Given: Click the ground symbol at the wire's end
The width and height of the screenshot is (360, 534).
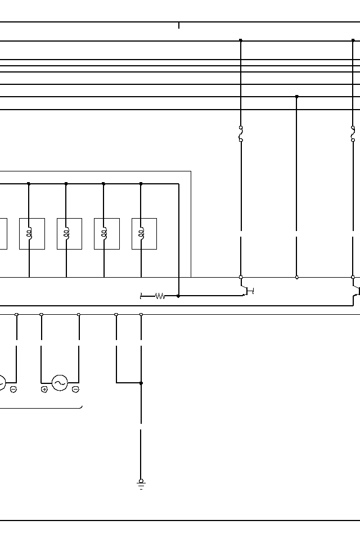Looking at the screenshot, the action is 141,484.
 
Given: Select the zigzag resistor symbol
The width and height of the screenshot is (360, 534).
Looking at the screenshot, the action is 160,296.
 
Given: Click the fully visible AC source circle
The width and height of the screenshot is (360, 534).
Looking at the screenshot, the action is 60,383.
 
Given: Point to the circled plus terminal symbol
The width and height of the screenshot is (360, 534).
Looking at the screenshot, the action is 44,390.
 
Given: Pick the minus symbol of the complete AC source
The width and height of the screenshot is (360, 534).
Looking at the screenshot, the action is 75,390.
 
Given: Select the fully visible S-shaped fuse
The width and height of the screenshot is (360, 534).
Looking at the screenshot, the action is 241,134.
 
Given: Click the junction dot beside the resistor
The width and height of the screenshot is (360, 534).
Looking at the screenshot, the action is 178,296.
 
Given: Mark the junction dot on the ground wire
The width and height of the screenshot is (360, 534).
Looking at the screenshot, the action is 141,383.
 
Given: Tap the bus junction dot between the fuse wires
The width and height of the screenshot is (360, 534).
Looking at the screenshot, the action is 297,97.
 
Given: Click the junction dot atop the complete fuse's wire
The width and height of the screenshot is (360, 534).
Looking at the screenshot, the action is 241,40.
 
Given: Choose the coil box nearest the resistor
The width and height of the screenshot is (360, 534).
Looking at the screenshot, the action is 144,234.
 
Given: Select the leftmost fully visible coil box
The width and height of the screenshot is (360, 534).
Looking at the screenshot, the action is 32,234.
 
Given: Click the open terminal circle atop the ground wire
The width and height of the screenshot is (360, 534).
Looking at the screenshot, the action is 141,315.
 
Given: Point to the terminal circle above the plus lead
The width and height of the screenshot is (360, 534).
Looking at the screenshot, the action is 42,315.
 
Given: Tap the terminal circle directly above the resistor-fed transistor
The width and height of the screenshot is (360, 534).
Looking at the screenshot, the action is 241,277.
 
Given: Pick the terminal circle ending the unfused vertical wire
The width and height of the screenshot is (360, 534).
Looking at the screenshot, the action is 297,277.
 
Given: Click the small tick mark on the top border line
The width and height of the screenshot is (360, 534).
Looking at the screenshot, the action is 179,25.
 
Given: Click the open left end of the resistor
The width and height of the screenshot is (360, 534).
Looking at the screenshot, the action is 141,296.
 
